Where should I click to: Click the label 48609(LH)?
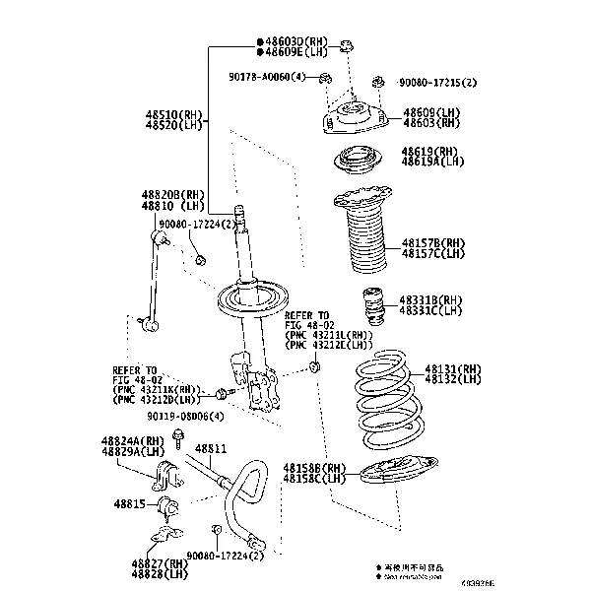(430, 113)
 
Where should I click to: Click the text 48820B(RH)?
(172, 195)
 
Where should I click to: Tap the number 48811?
(210, 449)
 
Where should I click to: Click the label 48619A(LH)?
(430, 163)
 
